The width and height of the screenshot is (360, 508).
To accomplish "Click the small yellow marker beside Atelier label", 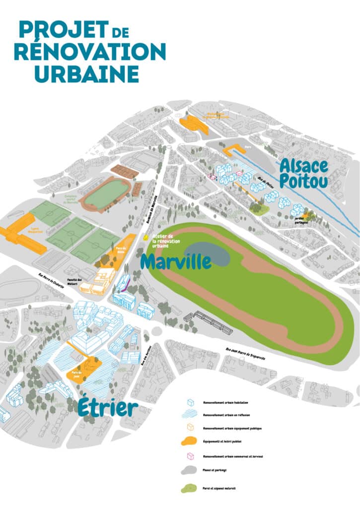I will pos(145,238).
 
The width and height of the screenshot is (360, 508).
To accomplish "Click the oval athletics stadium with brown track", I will pos(106,193).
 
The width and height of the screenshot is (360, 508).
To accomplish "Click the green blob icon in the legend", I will pos(190,488).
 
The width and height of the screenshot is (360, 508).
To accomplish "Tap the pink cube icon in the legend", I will pos(190,456).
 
